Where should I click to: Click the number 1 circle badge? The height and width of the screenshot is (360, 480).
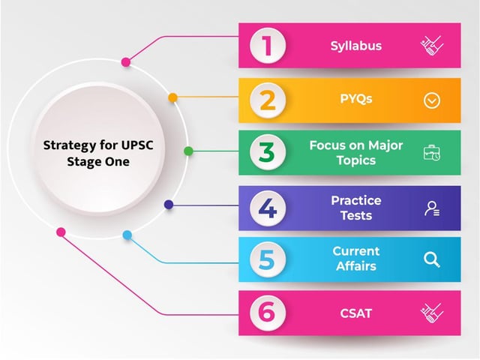coord(268,46)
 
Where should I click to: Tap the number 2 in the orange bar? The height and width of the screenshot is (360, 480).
coord(268,100)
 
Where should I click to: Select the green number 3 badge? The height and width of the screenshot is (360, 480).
coord(268,152)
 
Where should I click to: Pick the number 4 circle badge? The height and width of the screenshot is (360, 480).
coord(268,208)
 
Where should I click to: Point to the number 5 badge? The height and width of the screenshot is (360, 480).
coord(268,259)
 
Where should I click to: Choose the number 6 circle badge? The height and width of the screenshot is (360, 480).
coord(268,313)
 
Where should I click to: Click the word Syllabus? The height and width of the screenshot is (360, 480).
coord(356,46)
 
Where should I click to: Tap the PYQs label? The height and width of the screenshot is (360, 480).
coord(356,99)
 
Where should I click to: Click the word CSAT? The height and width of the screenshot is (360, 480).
coord(356,313)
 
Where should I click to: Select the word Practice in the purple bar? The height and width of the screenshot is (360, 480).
coord(356,200)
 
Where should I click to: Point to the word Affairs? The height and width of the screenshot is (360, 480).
coord(356,266)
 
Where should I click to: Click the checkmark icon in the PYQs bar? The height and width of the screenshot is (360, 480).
coord(432,100)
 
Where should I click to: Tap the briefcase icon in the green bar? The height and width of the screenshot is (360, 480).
coord(432,153)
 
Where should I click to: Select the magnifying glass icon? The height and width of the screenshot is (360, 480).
coord(432,259)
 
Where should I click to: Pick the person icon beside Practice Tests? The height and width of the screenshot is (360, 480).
coord(432,208)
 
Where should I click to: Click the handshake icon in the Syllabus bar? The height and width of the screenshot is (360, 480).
coord(432,46)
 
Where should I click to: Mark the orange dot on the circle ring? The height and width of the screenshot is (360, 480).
coord(173,98)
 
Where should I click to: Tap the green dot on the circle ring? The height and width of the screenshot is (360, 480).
coord(188,151)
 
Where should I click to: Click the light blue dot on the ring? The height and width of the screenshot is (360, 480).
coord(127,235)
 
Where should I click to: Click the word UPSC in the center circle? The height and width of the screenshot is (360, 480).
coord(137,145)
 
